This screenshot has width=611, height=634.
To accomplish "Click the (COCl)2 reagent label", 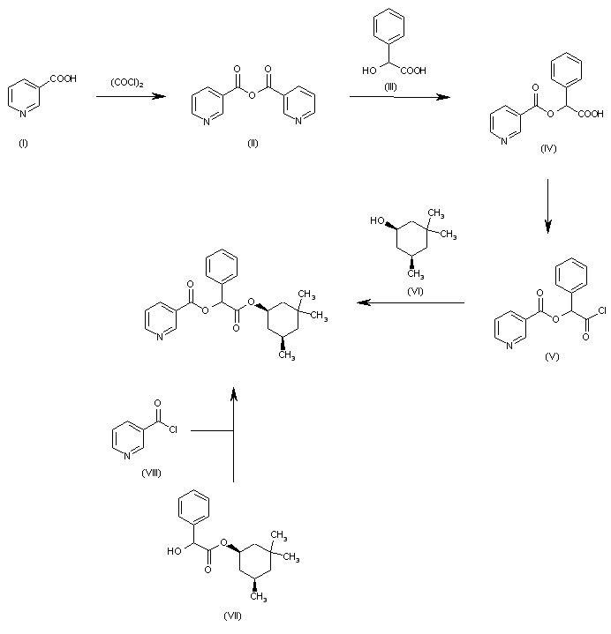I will (x=127, y=84).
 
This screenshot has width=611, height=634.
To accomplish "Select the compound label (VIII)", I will (x=151, y=473).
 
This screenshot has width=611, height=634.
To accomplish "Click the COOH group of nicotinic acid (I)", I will (x=64, y=79).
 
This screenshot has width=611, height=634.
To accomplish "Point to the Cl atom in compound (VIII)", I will (x=172, y=429).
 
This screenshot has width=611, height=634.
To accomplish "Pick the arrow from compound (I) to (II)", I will (x=131, y=97).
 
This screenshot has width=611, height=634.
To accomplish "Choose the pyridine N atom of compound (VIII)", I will (x=124, y=455).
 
